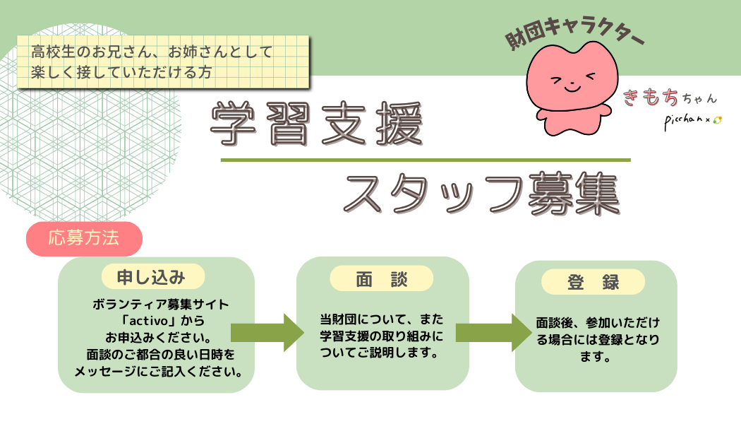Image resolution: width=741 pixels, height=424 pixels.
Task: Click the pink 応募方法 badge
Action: (84, 238)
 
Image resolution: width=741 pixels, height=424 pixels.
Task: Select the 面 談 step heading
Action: (382, 279)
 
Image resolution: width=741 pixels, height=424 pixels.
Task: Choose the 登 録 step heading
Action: (593, 283)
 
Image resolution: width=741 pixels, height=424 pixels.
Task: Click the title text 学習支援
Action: (317, 124)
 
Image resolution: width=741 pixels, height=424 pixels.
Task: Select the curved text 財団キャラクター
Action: (575, 42)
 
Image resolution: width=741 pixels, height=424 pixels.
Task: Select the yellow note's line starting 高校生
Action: (152, 52)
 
